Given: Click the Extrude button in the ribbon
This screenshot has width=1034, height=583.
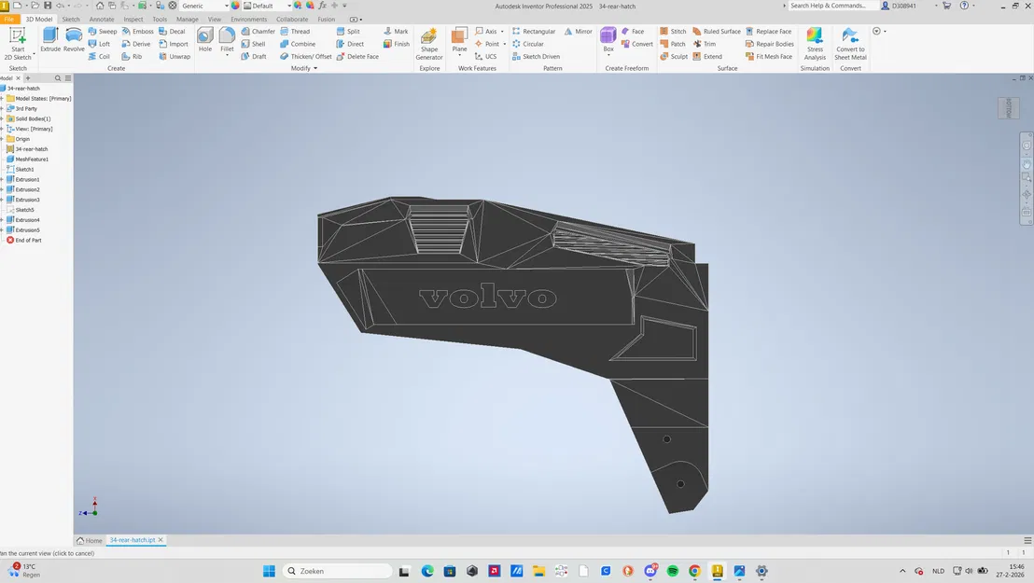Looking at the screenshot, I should [50, 39].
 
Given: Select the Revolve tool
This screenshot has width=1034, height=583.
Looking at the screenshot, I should [74, 39].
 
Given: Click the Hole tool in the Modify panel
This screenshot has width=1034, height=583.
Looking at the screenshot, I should [205, 39].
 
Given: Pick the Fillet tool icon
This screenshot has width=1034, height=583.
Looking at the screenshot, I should [227, 39].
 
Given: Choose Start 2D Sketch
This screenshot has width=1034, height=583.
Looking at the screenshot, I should [18, 41].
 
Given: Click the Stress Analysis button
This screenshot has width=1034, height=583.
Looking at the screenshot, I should [815, 42].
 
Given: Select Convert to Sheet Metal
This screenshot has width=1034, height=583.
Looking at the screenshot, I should [850, 42].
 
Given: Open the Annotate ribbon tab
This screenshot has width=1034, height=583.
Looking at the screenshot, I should [102, 19].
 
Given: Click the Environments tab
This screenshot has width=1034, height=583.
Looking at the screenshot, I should [248, 19].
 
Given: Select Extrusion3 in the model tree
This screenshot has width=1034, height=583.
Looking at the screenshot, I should [27, 200].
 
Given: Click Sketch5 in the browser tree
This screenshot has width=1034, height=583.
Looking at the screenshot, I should [25, 210].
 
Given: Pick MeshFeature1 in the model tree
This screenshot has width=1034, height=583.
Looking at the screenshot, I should [32, 160].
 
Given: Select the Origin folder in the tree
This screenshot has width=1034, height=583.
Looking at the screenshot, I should [22, 139].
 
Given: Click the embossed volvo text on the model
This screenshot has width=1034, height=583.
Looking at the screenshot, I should [487, 298].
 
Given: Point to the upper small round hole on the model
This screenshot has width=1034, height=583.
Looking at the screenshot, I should [666, 439].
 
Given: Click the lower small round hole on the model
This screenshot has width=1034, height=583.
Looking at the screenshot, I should [680, 484].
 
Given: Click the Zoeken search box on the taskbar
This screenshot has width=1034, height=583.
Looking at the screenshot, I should [336, 571].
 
